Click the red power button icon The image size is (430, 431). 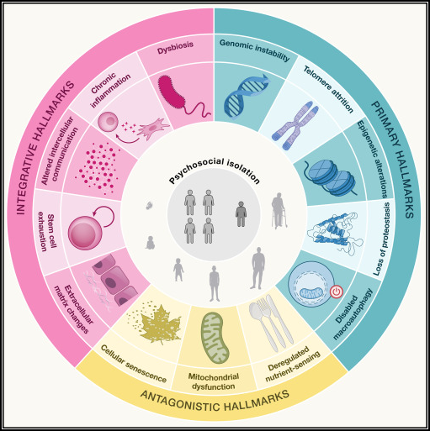pyautogui.click(x=337, y=292)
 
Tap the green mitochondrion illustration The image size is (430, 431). pyautogui.click(x=215, y=338)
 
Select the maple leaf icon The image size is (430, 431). pyautogui.click(x=157, y=324)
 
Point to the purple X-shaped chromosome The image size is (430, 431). pyautogui.click(x=295, y=125)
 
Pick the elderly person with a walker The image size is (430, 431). pyautogui.click(x=279, y=211)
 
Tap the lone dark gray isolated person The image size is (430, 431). pyautogui.click(x=241, y=213)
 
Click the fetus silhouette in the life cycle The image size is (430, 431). pyautogui.click(x=149, y=206)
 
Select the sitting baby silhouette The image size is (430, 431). pyautogui.click(x=150, y=243)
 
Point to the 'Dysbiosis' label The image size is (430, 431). pyautogui.click(x=175, y=48)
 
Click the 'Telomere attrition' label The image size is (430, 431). pyautogui.click(x=328, y=89)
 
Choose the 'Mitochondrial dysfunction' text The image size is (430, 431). pyautogui.click(x=214, y=381)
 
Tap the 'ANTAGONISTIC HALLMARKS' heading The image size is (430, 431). pyautogui.click(x=215, y=402)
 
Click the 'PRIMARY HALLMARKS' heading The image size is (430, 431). pyautogui.click(x=393, y=160)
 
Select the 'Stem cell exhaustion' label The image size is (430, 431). pyautogui.click(x=47, y=233)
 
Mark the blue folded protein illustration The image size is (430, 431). pyautogui.click(x=332, y=234)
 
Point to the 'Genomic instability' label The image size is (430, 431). pyautogui.click(x=255, y=50)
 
